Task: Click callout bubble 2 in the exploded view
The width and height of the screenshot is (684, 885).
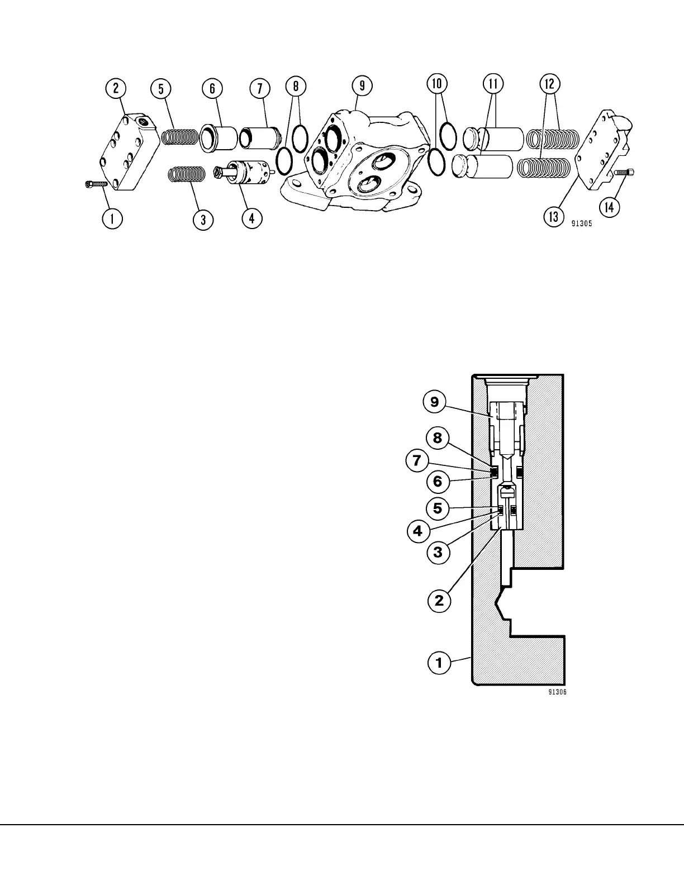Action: pos(116,88)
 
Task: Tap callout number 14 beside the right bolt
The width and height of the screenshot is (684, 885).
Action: pos(610,207)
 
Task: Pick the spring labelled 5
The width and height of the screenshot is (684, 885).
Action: pos(179,136)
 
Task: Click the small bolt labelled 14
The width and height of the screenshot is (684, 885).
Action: pos(624,173)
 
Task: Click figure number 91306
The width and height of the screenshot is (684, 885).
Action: pos(557,692)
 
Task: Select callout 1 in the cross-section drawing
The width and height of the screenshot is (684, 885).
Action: pos(439,663)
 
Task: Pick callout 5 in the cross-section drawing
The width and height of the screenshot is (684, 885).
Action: pos(438,508)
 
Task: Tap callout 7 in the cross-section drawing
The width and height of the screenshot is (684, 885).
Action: pos(417,461)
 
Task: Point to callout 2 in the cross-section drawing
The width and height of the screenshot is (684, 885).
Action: pos(439,601)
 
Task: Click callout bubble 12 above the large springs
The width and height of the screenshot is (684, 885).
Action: pos(549,84)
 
